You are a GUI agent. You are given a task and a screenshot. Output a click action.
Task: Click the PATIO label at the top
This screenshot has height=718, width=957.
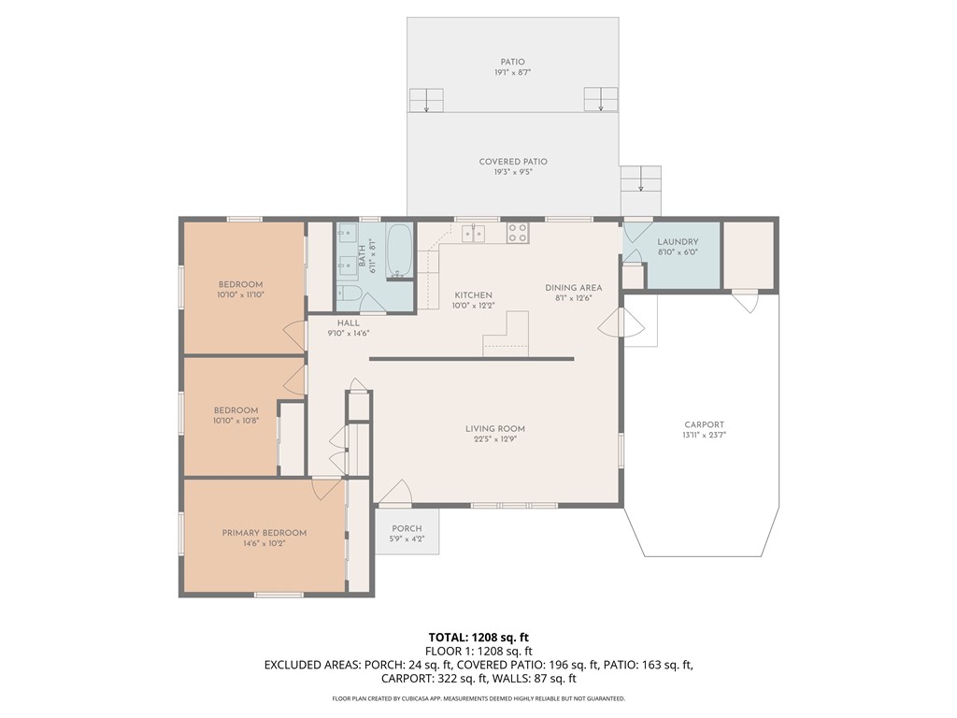pyautogui.click(x=512, y=62)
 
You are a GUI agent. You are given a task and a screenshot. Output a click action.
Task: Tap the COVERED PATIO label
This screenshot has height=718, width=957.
pyautogui.click(x=513, y=162)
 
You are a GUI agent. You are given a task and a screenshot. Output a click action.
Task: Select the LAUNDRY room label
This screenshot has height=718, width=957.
pyautogui.click(x=678, y=241)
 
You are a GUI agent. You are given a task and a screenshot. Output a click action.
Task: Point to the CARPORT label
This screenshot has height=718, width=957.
pyautogui.click(x=704, y=424)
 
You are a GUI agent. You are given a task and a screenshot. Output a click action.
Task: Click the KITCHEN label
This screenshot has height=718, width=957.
pyautogui.click(x=472, y=295)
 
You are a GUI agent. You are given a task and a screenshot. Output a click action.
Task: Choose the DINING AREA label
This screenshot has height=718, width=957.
pyautogui.click(x=574, y=288)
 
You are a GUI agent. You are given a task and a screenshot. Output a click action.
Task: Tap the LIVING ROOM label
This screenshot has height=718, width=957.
pyautogui.click(x=494, y=429)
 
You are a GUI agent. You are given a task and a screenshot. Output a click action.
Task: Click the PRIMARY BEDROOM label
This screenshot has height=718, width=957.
pyautogui.click(x=264, y=533)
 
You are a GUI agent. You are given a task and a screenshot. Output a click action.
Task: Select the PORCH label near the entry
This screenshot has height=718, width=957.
pyautogui.click(x=407, y=528)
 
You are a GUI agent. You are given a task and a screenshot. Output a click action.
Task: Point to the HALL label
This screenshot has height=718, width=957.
pyautogui.click(x=348, y=323)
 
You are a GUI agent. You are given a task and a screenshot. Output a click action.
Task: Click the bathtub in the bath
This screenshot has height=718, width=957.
pyautogui.click(x=400, y=251)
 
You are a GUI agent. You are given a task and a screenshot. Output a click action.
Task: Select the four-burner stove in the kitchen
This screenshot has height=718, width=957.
pyautogui.click(x=517, y=232)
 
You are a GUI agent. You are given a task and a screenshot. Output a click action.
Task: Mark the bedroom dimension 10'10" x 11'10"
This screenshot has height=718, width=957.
pyautogui.click(x=240, y=295)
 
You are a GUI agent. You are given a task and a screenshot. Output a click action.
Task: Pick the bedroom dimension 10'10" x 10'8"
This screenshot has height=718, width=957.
pyautogui.click(x=236, y=421)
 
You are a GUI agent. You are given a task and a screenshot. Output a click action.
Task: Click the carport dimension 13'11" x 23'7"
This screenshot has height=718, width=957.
pyautogui.click(x=704, y=436)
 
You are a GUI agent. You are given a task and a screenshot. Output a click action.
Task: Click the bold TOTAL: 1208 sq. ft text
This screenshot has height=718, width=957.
pyautogui.click(x=478, y=638)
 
